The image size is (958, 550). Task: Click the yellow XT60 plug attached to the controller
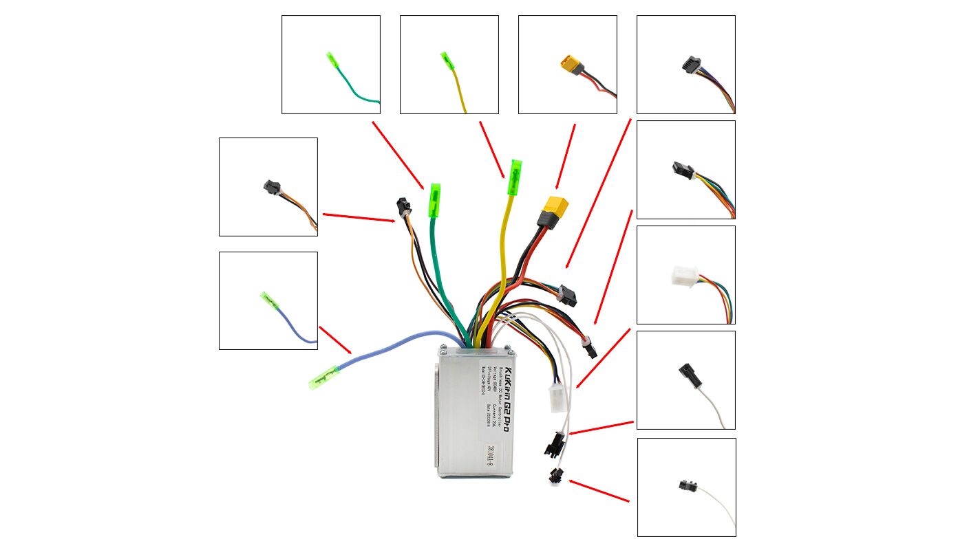point(555,206)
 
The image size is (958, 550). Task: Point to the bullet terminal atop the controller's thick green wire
point(434,199)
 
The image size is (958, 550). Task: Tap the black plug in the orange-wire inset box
point(270,187)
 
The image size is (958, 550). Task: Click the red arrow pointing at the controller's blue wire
point(336,340)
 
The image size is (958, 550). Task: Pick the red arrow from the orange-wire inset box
point(359,217)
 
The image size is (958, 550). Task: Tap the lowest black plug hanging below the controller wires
point(555,474)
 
